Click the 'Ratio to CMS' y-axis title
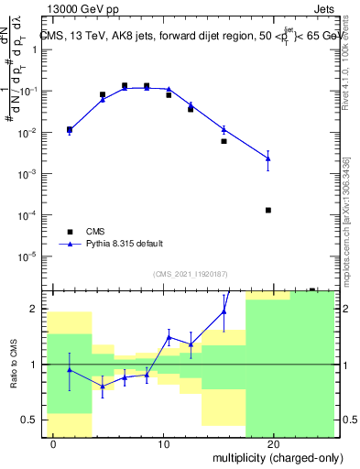(14, 364)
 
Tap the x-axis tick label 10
(163, 444)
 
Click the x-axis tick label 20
(273, 444)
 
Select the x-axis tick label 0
(54, 444)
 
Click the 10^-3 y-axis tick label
(30, 173)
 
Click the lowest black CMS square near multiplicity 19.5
(268, 210)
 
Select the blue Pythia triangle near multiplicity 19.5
(268, 158)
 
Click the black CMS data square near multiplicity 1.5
(70, 130)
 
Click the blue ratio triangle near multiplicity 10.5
(169, 337)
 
